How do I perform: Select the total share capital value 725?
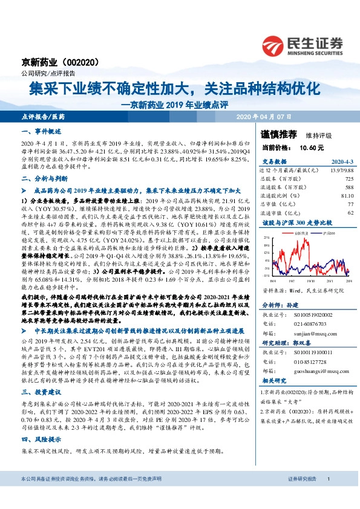point(349,180)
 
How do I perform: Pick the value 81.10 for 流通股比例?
point(345,196)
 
